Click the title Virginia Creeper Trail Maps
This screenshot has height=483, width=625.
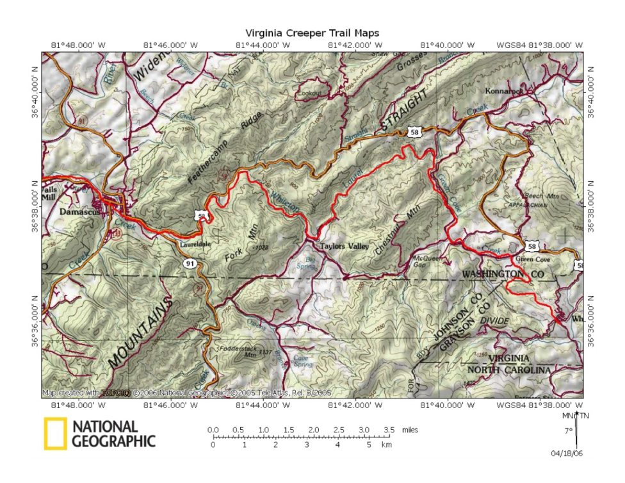(312, 33)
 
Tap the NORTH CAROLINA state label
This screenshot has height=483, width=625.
(508, 370)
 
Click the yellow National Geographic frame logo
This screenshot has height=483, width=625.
(55, 433)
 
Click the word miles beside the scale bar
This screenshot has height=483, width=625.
(410, 430)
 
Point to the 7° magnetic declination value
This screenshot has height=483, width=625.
(567, 431)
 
